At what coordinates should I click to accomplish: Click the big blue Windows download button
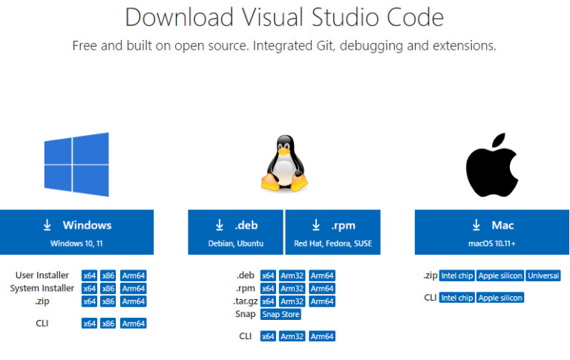coord(76,232)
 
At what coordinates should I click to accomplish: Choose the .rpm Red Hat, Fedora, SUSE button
coord(332,232)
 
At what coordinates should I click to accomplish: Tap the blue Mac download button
coord(491,232)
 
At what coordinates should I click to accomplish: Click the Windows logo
coord(76,164)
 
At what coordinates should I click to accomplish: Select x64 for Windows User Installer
coord(90,275)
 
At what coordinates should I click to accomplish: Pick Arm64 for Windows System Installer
coord(134,288)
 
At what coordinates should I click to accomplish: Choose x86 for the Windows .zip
coord(108,301)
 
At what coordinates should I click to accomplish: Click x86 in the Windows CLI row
coord(108,324)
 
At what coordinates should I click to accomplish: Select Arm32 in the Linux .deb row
coord(292,275)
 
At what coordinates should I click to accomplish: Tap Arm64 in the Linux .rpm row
coord(322,288)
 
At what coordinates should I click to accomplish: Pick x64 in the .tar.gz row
coord(268,301)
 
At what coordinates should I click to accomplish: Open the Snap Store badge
coord(281,314)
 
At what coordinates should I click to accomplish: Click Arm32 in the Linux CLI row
coord(292,336)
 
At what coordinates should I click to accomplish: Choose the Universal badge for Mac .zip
coord(543,275)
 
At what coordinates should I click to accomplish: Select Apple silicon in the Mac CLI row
coord(501,298)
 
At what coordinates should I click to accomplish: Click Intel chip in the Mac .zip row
coord(456,275)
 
